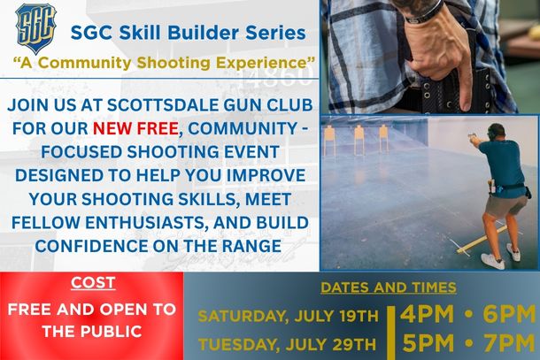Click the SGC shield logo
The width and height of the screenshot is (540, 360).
pos(35,28)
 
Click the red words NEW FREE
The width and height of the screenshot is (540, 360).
pos(135,128)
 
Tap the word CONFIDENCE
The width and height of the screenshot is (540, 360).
pos(91,246)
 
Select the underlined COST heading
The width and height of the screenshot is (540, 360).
pos(93,283)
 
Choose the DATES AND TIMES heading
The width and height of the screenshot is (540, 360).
pos(389,287)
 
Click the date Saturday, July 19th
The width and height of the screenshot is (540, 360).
pos(289,316)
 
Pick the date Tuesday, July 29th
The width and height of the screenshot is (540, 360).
pos(287,344)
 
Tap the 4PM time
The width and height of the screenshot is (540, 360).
pos(427,314)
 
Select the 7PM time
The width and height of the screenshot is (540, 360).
pos(510,343)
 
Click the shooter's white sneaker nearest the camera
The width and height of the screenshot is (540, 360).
pos(493,261)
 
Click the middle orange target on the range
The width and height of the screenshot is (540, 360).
pos(359,136)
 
